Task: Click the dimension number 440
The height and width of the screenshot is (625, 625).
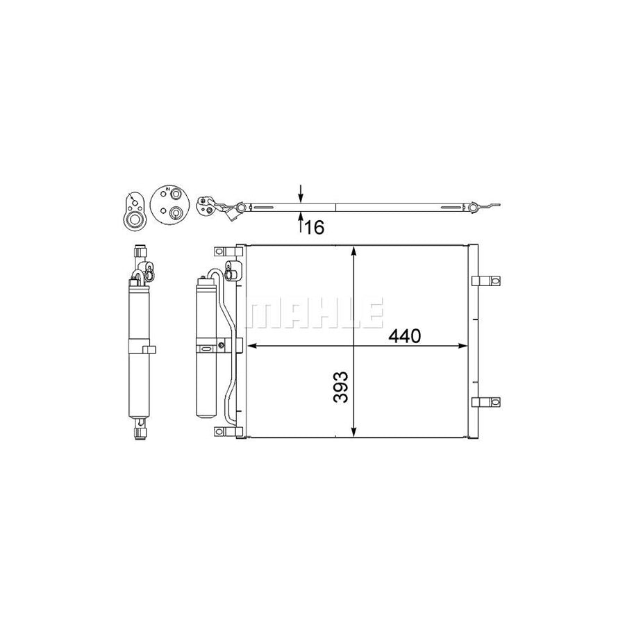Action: point(405,336)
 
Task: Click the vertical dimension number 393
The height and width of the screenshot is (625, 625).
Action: point(341,387)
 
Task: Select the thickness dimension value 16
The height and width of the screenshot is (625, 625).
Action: point(315,227)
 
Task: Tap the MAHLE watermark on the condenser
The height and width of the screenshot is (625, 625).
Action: point(315,313)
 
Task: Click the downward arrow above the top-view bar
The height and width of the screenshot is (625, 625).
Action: point(301,193)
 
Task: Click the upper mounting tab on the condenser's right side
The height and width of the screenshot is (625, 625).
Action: point(485,281)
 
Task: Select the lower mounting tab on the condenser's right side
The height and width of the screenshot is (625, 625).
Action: point(485,402)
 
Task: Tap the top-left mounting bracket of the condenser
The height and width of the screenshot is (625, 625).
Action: point(228,251)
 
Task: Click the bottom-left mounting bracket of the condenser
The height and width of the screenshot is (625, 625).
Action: point(228,431)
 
